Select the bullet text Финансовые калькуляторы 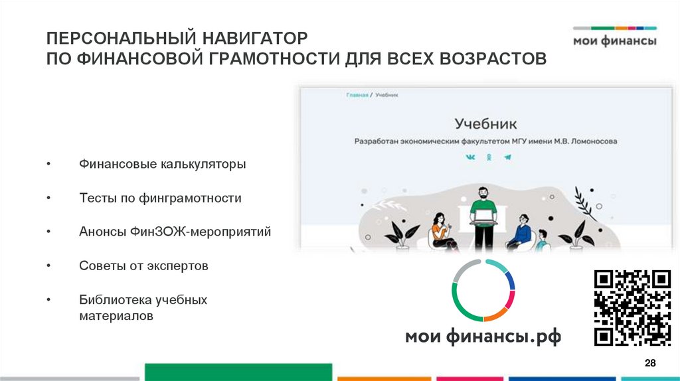pyautogui.click(x=162, y=163)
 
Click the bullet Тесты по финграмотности pyautogui.click(x=160, y=198)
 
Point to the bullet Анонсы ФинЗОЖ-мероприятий pyautogui.click(x=175, y=232)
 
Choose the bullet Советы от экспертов pyautogui.click(x=143, y=266)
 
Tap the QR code pyautogui.click(x=632, y=307)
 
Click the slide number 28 pyautogui.click(x=650, y=362)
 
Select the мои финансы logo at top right pyautogui.click(x=614, y=37)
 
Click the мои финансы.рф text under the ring pyautogui.click(x=483, y=336)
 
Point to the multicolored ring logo pyautogui.click(x=483, y=290)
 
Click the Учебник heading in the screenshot pyautogui.click(x=485, y=123)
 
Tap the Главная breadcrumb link pyautogui.click(x=357, y=96)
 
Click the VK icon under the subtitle pyautogui.click(x=470, y=157)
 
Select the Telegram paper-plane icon pyautogui.click(x=507, y=157)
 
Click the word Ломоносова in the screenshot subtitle pyautogui.click(x=592, y=141)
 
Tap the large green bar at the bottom pyautogui.click(x=238, y=372)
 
